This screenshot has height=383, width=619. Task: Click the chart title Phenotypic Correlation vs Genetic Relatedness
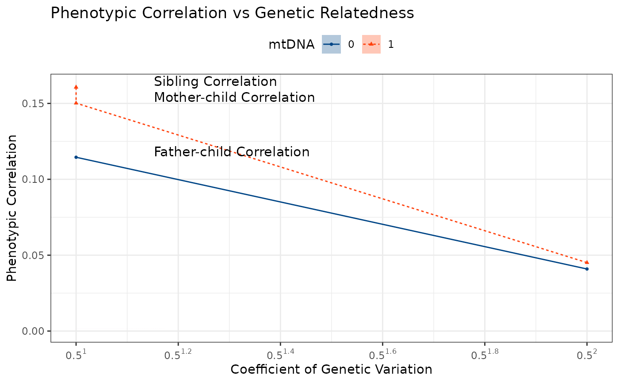232,13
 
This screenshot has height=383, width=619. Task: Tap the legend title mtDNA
291,44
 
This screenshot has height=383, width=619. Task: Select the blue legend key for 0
331,44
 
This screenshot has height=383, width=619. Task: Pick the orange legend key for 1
371,44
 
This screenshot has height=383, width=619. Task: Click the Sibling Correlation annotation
215,82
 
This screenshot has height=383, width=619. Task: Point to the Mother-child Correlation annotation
234,97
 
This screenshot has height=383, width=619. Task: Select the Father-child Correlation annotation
232,152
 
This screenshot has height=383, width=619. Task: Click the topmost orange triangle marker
76,87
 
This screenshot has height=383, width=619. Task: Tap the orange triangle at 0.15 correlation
76,103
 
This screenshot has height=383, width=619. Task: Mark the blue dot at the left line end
76,157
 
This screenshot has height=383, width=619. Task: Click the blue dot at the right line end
587,269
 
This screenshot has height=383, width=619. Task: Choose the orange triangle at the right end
587,262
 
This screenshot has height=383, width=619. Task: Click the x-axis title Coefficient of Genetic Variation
331,370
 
